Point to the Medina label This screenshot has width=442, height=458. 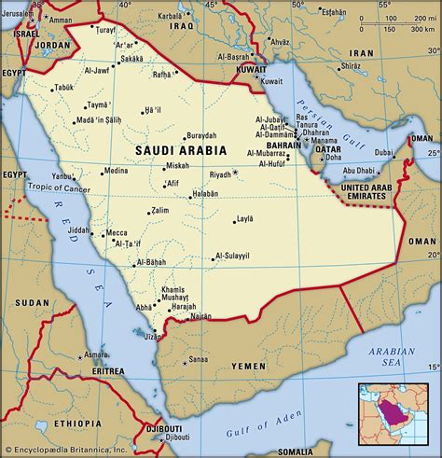[116, 171]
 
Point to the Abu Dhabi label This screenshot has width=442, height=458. [359, 171]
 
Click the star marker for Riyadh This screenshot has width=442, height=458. [236, 173]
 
